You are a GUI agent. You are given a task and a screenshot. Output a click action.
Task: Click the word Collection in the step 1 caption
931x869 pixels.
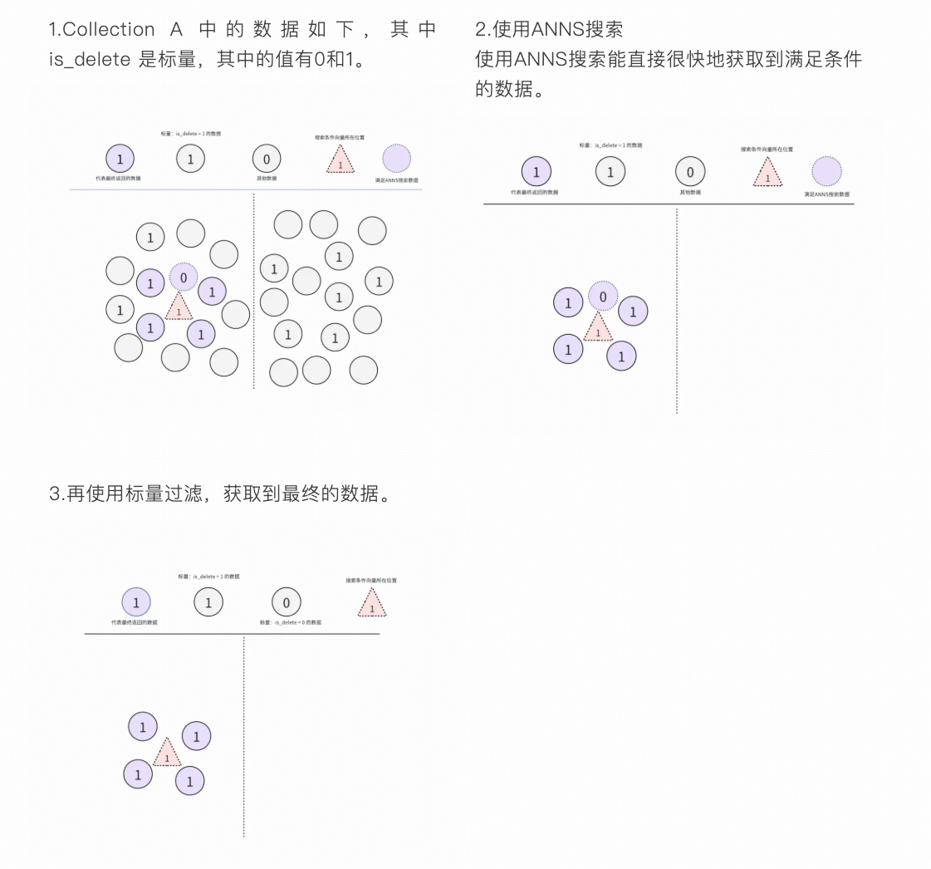(108, 29)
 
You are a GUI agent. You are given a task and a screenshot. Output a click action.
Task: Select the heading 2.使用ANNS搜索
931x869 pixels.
(548, 29)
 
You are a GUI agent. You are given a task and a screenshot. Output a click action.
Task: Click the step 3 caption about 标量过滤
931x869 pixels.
(219, 493)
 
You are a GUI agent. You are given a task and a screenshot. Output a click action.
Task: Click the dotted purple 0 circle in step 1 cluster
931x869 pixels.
(184, 277)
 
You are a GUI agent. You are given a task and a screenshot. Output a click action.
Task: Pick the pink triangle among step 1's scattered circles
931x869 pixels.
(179, 307)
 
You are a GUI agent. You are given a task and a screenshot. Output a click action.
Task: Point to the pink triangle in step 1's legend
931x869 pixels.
(340, 160)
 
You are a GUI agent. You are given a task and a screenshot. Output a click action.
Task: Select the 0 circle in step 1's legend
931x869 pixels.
(266, 159)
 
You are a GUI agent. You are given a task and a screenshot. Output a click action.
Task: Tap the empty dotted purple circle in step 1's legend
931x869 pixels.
(397, 159)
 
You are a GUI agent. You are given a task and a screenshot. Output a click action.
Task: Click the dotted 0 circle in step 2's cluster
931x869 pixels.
(603, 297)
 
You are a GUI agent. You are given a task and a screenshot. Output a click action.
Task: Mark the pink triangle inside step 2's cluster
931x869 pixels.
(597, 328)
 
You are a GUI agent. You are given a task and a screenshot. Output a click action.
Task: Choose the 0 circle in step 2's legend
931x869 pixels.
(689, 173)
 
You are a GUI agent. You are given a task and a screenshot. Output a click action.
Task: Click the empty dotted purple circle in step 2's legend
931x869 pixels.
(826, 172)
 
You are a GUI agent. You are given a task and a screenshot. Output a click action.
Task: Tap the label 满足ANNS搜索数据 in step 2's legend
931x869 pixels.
(826, 194)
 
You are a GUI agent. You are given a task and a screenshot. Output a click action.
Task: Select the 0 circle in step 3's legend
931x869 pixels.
(287, 603)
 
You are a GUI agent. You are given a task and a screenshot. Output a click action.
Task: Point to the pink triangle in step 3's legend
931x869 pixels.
(372, 604)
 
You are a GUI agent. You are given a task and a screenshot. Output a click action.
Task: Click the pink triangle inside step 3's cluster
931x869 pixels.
(167, 754)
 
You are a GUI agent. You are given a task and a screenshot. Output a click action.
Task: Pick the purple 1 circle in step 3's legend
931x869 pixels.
(136, 603)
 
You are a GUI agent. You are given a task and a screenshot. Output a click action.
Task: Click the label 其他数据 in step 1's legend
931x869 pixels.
(267, 179)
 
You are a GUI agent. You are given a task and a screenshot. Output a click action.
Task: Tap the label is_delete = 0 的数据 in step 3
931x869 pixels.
(290, 622)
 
